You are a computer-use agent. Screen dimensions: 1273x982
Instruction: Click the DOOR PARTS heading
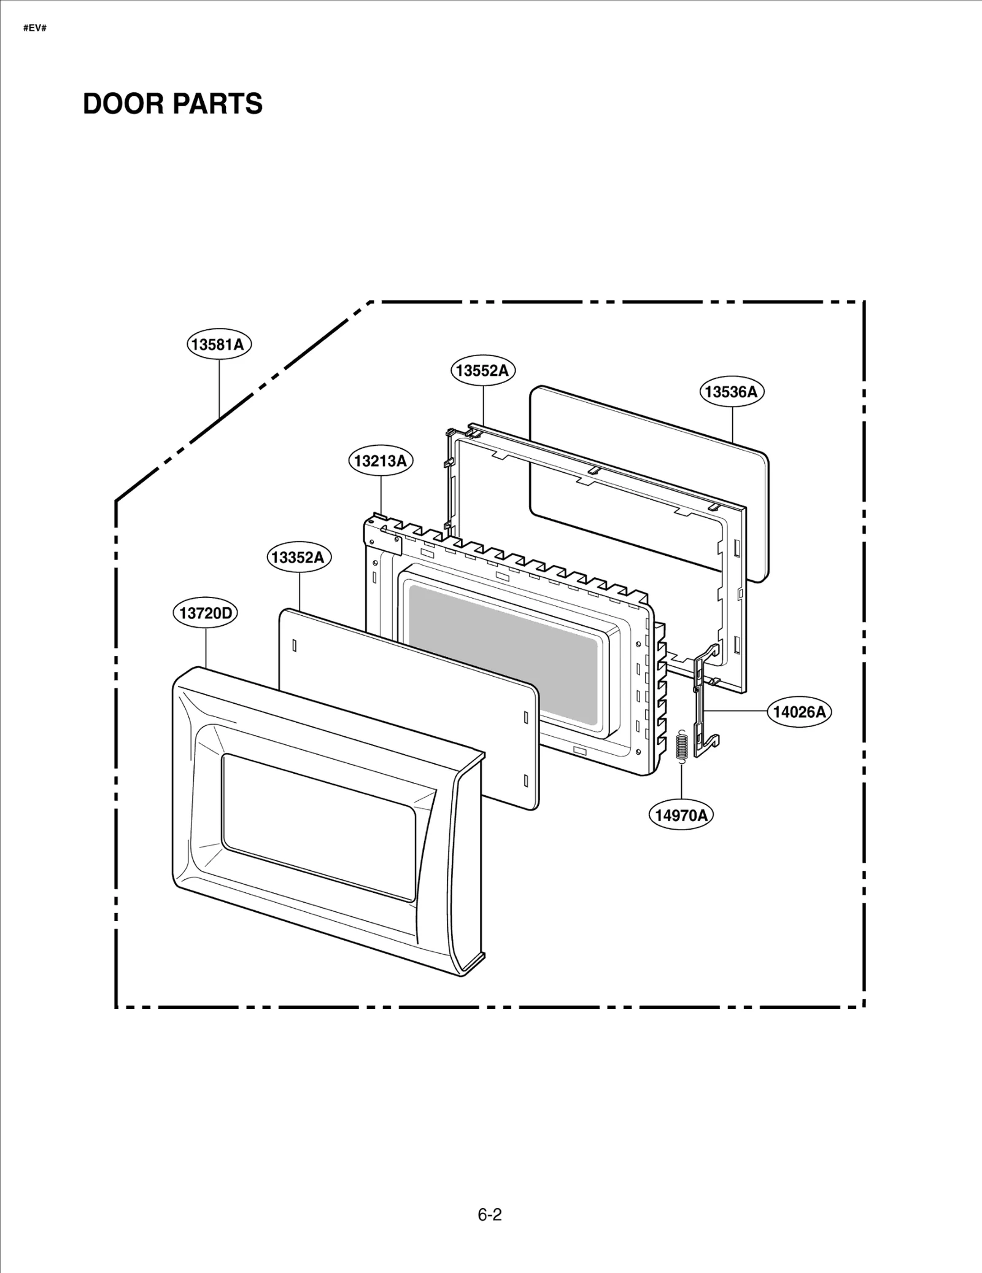(172, 104)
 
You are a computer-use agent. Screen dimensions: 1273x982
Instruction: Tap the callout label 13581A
(218, 345)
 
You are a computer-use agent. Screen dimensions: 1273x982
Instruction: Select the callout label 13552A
(483, 370)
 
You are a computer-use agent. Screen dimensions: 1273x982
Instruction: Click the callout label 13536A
(731, 392)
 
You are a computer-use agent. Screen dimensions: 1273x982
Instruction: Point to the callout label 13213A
(381, 461)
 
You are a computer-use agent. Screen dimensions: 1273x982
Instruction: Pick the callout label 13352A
(298, 557)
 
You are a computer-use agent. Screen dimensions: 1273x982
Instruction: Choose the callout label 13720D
(205, 613)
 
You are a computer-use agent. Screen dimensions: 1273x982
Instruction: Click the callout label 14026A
(799, 712)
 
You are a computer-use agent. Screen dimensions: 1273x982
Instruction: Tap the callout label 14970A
(681, 815)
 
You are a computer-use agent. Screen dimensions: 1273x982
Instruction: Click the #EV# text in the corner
(35, 28)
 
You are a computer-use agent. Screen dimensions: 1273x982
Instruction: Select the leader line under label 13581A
(219, 387)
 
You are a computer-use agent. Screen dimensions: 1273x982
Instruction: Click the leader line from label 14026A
(736, 710)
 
